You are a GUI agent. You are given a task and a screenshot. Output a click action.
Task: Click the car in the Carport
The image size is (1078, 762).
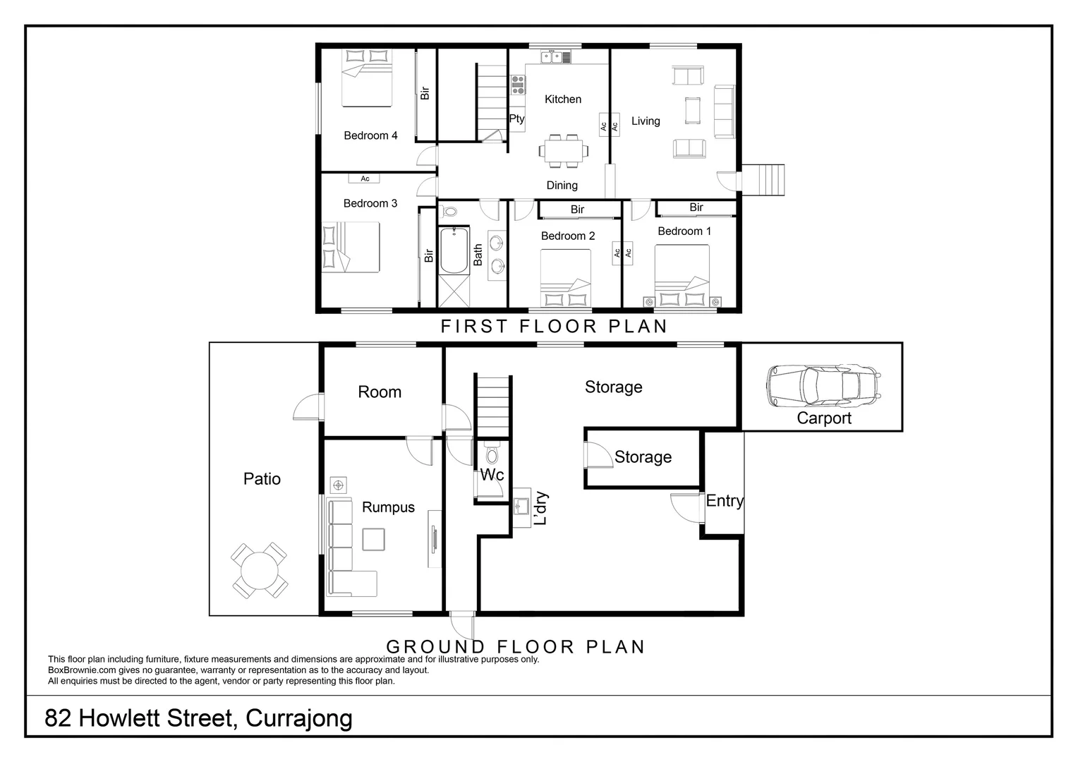point(822,385)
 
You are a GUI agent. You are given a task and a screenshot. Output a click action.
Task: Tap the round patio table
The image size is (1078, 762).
point(259,570)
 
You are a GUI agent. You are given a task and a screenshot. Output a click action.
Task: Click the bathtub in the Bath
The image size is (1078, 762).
point(453,250)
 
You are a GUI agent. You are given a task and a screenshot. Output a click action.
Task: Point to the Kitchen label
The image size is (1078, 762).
point(563,99)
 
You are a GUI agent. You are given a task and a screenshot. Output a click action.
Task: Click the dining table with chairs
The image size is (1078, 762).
point(563,150)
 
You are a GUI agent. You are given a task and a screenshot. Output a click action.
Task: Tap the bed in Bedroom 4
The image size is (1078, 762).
point(367,78)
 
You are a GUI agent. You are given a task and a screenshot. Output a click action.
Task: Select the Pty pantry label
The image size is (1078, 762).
point(516,119)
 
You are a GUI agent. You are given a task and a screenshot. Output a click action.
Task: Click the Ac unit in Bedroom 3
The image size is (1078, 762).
point(365,179)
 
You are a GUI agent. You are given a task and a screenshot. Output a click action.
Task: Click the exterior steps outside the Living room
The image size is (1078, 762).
point(764,180)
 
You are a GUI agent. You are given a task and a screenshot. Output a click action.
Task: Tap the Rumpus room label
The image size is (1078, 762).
point(388,507)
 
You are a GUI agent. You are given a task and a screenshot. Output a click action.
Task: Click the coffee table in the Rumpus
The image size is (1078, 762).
point(374,539)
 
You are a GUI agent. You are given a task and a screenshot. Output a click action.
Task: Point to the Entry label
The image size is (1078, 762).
point(725,501)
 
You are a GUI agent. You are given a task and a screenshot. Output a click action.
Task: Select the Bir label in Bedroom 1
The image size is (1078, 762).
point(696,207)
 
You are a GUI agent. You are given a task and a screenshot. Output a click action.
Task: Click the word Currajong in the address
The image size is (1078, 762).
point(299,718)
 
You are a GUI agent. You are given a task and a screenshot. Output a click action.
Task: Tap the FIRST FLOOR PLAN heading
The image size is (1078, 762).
point(554,326)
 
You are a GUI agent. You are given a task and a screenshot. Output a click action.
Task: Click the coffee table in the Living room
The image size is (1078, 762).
point(692,109)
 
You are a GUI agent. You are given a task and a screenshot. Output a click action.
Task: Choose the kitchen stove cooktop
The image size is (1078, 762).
point(519,85)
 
